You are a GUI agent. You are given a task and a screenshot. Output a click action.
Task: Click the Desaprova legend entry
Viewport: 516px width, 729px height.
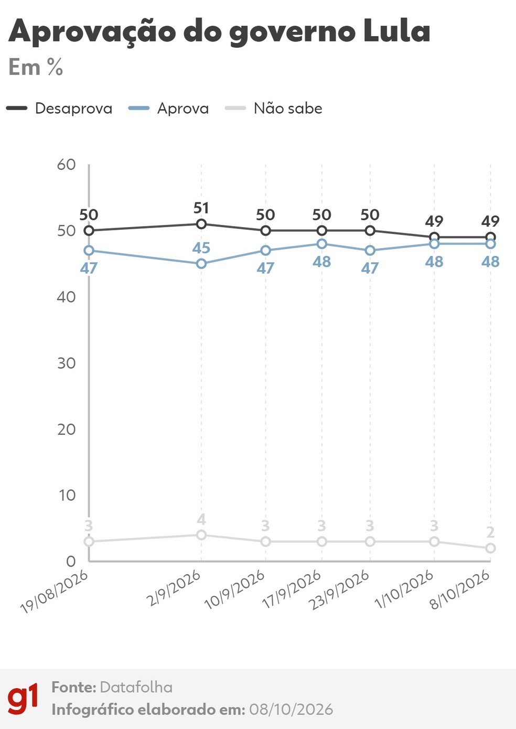pyautogui.click(x=59, y=109)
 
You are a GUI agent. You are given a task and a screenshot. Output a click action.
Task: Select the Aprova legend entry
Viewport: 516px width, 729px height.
pyautogui.click(x=168, y=109)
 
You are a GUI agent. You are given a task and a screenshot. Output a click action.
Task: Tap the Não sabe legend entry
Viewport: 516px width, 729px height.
pyautogui.click(x=274, y=109)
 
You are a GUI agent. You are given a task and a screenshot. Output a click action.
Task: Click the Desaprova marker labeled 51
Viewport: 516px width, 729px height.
pyautogui.click(x=201, y=224)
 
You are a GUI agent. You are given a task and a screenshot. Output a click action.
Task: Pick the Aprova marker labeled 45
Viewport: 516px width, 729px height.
pyautogui.click(x=201, y=264)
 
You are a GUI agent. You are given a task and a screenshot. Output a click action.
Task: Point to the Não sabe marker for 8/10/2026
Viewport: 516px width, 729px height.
pyautogui.click(x=491, y=548)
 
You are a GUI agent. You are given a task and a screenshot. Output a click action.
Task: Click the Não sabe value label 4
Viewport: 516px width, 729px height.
pyautogui.click(x=201, y=520)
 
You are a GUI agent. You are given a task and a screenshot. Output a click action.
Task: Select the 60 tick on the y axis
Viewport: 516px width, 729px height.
pyautogui.click(x=67, y=165)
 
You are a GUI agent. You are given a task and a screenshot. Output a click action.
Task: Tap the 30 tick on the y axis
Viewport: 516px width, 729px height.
pyautogui.click(x=67, y=363)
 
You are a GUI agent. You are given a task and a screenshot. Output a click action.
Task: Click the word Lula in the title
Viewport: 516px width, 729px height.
pyautogui.click(x=397, y=31)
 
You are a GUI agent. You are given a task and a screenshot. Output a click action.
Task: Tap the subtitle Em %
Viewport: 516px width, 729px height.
pyautogui.click(x=36, y=67)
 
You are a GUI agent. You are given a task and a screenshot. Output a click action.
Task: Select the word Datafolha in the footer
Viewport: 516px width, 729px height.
pyautogui.click(x=136, y=688)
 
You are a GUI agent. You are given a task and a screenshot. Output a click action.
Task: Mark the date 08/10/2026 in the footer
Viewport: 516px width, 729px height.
pyautogui.click(x=291, y=710)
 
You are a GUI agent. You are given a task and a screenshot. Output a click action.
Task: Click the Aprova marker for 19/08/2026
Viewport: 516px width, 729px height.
pyautogui.click(x=89, y=251)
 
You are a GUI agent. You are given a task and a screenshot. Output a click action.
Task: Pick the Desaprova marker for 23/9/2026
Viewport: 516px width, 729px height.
pyautogui.click(x=370, y=231)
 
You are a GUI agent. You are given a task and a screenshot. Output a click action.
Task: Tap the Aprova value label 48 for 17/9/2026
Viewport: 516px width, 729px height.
pyautogui.click(x=322, y=262)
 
